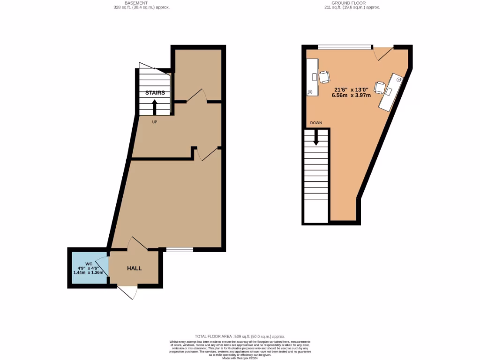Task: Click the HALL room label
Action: (134, 268)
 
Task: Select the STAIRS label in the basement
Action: (155, 93)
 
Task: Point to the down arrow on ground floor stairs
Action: (316, 137)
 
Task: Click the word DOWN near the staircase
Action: (316, 123)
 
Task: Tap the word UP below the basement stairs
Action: (154, 122)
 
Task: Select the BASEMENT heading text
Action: (141, 2)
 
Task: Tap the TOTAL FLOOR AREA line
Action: (240, 337)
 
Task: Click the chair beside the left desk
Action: (324, 77)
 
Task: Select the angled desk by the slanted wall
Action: (391, 92)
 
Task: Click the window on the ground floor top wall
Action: (345, 47)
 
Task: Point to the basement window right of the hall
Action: (180, 249)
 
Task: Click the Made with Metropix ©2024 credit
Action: (240, 358)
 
